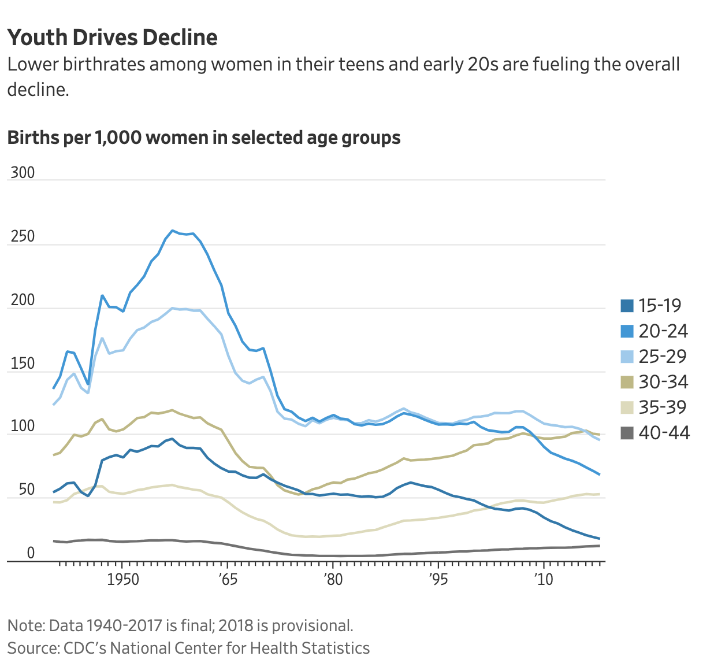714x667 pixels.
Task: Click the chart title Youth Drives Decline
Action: pyautogui.click(x=113, y=38)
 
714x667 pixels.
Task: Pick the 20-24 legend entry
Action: pyautogui.click(x=655, y=331)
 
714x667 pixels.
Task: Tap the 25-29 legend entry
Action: pyautogui.click(x=655, y=357)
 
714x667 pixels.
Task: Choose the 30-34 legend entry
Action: pyautogui.click(x=655, y=382)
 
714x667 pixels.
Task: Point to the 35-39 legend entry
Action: pyautogui.click(x=655, y=407)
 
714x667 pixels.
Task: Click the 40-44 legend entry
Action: pyautogui.click(x=655, y=433)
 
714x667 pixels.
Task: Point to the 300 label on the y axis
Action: pyautogui.click(x=22, y=173)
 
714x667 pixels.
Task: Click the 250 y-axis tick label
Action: pyautogui.click(x=22, y=236)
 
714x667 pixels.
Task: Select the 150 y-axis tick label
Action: pyautogui.click(x=22, y=364)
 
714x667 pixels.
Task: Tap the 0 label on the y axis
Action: pyautogui.click(x=31, y=553)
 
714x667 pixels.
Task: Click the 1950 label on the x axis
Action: pyautogui.click(x=123, y=579)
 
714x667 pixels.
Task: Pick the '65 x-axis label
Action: pyautogui.click(x=228, y=579)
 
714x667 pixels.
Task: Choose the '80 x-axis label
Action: pyautogui.click(x=333, y=579)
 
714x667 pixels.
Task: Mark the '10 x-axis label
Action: pyautogui.click(x=544, y=579)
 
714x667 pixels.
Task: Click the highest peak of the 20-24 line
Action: pyautogui.click(x=172, y=231)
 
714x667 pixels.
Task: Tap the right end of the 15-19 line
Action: pyautogui.click(x=599, y=539)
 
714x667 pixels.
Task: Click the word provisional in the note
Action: pyautogui.click(x=312, y=626)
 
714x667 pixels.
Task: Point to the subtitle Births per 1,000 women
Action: pyautogui.click(x=203, y=138)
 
